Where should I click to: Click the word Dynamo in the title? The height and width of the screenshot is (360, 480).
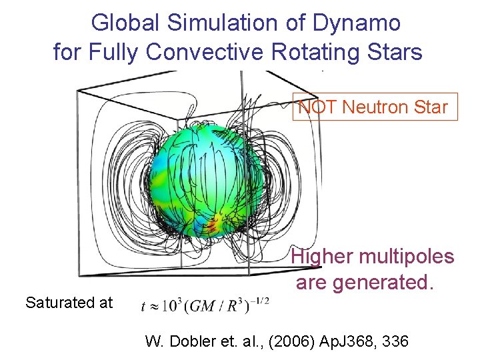[363, 23]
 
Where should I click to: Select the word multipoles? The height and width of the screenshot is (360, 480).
[408, 257]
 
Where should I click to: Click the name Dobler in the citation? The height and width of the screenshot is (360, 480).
[196, 342]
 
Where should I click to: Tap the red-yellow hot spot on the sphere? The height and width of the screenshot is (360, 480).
[213, 227]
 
